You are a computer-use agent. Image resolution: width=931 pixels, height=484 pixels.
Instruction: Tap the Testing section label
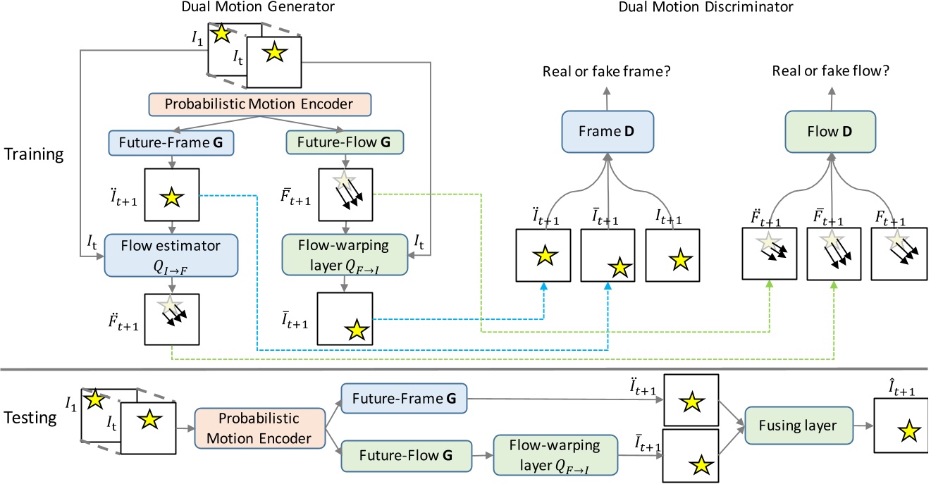click(x=33, y=418)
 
